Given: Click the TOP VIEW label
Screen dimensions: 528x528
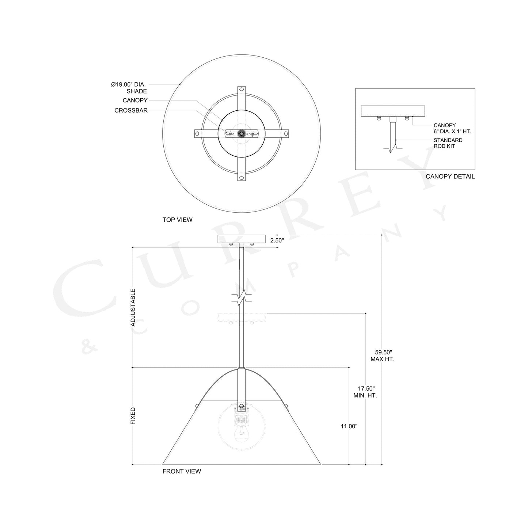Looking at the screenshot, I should click(177, 220).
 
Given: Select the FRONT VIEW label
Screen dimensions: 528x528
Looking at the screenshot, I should click(182, 471).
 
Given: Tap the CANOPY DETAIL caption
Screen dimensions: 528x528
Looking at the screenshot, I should click(450, 176).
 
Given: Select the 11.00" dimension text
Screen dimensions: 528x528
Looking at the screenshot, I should click(349, 426).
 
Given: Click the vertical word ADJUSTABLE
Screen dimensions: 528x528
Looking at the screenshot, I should click(133, 307).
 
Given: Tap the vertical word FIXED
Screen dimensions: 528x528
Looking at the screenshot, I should click(133, 416).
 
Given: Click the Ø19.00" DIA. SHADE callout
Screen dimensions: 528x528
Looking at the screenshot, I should click(129, 88).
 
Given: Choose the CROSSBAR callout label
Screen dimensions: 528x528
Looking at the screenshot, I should click(131, 110).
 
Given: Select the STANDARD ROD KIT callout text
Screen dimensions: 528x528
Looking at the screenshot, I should click(448, 143).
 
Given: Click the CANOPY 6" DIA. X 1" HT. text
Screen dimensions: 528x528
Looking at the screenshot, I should click(452, 128).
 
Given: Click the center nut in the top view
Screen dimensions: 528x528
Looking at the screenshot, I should click(242, 134).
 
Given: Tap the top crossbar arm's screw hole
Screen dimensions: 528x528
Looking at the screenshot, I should click(242, 90).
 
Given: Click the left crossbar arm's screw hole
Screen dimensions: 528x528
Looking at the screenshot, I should click(197, 134).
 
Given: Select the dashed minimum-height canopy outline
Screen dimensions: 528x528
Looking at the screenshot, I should click(242, 318).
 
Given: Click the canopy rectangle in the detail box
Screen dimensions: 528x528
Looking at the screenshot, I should click(393, 111).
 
